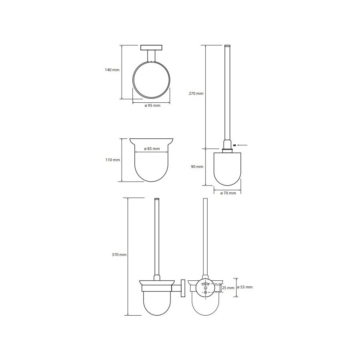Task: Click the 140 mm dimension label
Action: pos(112,70)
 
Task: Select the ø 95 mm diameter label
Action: pos(152,106)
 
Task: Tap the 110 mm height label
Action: pos(112,160)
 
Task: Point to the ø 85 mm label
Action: pos(152,148)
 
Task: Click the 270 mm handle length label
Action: pos(196,94)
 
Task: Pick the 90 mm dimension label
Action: pos(197,167)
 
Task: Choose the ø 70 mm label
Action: pos(228,193)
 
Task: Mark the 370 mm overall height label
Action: pos(119,255)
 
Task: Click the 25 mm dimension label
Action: pos(228,288)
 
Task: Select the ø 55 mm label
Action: pos(245,287)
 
